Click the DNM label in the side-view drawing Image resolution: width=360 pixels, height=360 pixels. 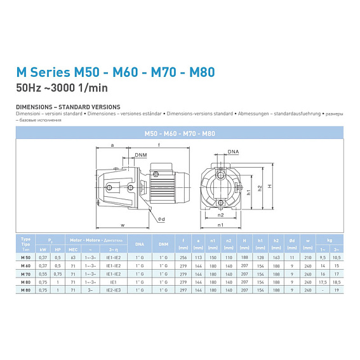pyautogui.click(x=140, y=154)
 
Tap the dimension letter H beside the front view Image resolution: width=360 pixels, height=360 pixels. pyautogui.click(x=270, y=187)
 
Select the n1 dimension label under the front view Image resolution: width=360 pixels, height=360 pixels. pyautogui.click(x=220, y=225)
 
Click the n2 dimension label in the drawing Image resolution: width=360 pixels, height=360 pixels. pyautogui.click(x=220, y=215)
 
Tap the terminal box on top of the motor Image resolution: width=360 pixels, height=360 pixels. pyautogui.click(x=156, y=167)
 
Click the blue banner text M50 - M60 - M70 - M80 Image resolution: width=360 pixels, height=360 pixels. pyautogui.click(x=180, y=132)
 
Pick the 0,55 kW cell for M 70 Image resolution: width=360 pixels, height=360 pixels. pyautogui.click(x=43, y=272)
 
